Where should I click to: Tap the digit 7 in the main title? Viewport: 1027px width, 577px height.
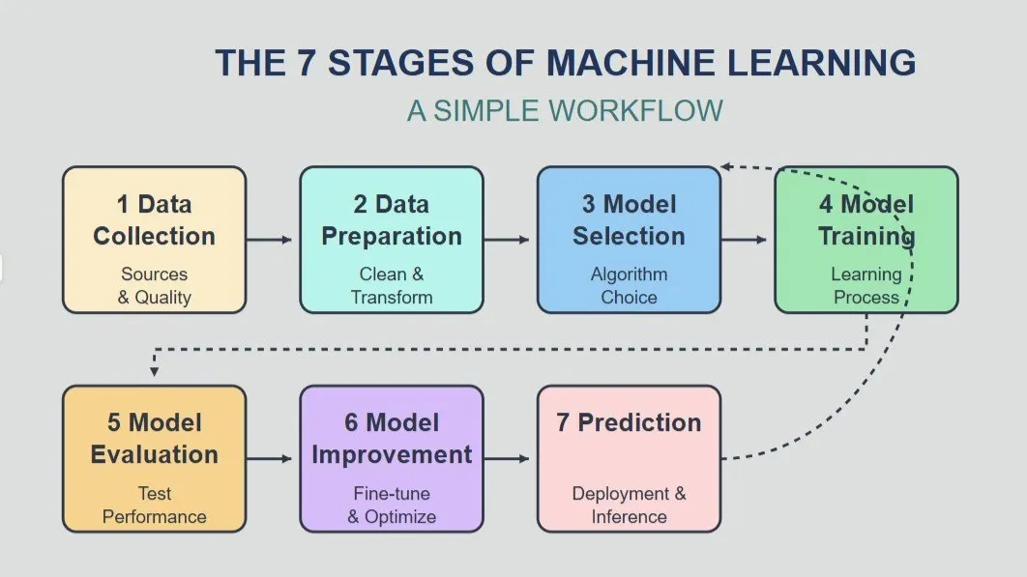[x=307, y=63]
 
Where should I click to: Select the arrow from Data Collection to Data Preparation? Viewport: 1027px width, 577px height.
[x=269, y=240]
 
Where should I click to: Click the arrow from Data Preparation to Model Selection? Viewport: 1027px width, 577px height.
[x=507, y=240]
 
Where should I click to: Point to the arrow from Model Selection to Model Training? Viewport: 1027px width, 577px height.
[x=744, y=240]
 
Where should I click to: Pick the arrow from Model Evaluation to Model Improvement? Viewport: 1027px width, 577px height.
[x=269, y=458]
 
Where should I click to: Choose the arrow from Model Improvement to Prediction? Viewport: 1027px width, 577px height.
[x=507, y=458]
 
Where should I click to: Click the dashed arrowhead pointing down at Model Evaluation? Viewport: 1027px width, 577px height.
[x=154, y=372]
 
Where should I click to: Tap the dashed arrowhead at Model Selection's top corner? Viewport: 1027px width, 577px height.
[x=725, y=167]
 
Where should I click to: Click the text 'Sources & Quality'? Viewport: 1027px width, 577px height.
[x=155, y=285]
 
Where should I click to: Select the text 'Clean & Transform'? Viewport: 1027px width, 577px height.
[x=392, y=285]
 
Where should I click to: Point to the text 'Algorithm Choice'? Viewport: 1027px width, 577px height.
[x=629, y=285]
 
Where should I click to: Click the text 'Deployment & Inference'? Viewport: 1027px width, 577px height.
[x=629, y=505]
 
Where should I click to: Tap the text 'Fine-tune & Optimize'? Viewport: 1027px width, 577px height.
[x=392, y=505]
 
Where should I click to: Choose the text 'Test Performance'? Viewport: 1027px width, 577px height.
[x=155, y=505]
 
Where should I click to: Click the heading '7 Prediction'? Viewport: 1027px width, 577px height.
[x=629, y=422]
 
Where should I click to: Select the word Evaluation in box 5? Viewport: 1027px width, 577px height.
[x=155, y=454]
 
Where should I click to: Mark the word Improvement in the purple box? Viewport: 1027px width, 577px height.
[x=392, y=454]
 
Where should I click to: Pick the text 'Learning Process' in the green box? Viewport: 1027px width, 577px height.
[x=866, y=285]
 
